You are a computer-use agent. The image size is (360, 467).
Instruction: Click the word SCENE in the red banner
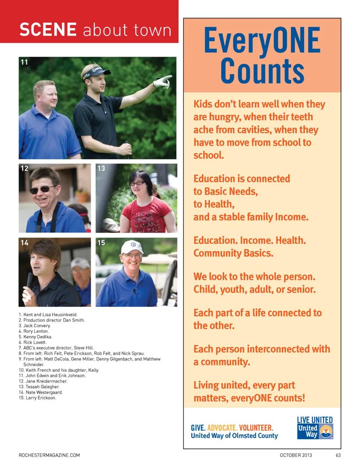[48, 30]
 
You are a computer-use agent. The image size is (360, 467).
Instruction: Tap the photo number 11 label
[24, 62]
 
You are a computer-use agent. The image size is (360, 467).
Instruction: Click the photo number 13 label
[101, 168]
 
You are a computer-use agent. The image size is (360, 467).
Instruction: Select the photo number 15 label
[101, 243]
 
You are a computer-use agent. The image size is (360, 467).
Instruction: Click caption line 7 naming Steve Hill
[56, 348]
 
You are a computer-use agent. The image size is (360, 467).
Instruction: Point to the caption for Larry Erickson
[37, 398]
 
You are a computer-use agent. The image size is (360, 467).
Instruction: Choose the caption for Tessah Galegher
[39, 387]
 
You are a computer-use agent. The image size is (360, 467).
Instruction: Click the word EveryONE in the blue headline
[262, 41]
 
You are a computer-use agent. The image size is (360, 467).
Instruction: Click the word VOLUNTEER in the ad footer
[256, 428]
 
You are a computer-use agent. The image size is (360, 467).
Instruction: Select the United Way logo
[315, 431]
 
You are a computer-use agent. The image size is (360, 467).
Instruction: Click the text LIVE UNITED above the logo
[315, 420]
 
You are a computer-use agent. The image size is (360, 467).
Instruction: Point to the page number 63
[338, 455]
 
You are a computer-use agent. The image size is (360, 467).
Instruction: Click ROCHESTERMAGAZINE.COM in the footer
[49, 455]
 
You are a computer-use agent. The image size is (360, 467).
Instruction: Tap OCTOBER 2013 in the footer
[295, 455]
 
